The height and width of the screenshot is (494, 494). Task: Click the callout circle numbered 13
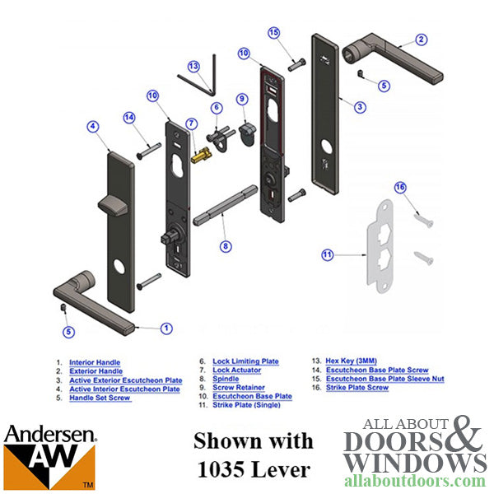coord(193,66)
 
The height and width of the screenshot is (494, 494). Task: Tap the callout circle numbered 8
coord(226,245)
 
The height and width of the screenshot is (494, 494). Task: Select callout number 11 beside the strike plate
coord(327,255)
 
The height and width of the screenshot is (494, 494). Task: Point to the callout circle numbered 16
coord(400,188)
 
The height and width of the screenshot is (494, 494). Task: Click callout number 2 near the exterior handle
coord(421,39)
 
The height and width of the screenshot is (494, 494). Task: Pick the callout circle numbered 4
coord(93,126)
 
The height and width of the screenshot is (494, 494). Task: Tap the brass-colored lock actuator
coord(199,153)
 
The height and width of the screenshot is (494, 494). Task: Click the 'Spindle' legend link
coord(226,379)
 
